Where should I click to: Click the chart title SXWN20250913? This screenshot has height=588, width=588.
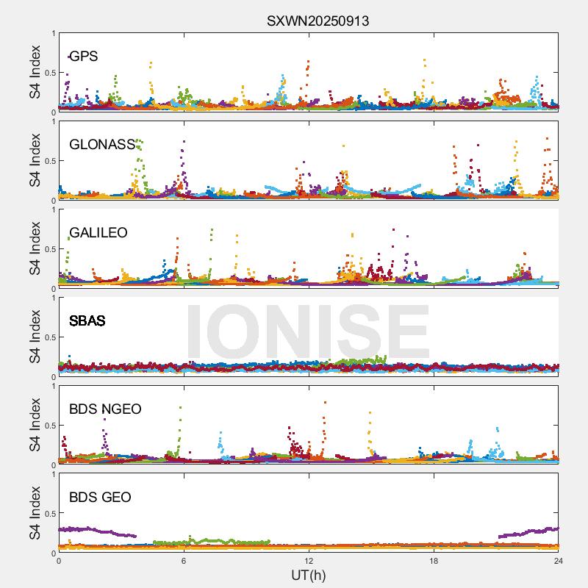point(318,21)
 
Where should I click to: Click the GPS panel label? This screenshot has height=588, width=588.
point(83,57)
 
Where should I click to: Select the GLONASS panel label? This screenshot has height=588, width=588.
point(102,145)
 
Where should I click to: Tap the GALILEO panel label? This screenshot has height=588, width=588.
point(98,233)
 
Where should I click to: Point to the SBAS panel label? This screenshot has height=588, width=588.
point(87,321)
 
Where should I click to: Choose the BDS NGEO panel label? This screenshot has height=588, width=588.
point(105,409)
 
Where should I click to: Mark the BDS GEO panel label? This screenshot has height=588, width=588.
point(100,498)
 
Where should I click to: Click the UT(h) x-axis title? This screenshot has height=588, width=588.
point(308,575)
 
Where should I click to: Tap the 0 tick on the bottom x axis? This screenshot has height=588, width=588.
point(59,560)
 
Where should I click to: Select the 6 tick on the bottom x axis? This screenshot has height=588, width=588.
point(184,560)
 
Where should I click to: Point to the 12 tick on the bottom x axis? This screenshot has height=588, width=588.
point(309,560)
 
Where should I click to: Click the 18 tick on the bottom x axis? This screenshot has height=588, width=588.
point(434,560)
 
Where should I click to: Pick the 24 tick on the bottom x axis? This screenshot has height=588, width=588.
point(559,560)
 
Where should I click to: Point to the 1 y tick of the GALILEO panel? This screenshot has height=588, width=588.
point(53,209)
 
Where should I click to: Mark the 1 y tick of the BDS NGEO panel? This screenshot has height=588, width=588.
point(53,386)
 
